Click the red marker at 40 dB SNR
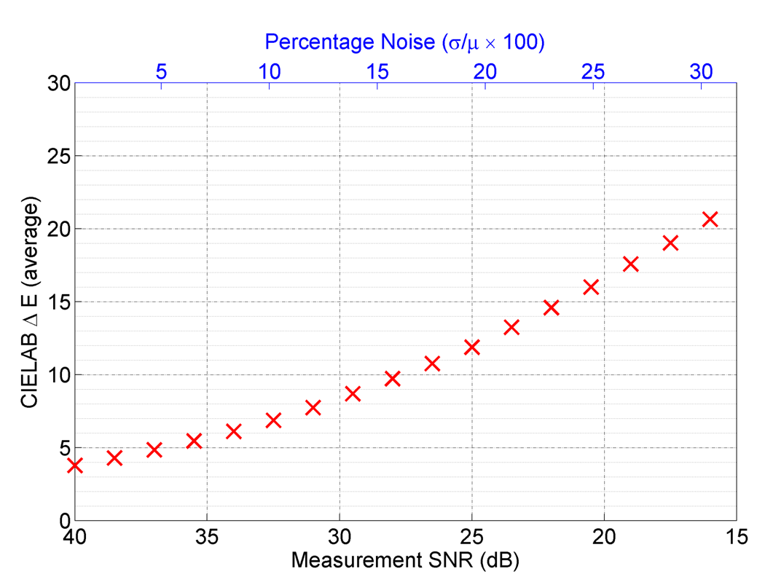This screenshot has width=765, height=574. [x=74, y=465]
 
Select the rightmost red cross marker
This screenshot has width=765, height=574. [x=710, y=219]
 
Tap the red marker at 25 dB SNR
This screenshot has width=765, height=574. [x=471, y=347]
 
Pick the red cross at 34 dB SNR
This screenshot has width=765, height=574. [x=233, y=431]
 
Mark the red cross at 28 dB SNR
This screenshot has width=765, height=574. [x=392, y=378]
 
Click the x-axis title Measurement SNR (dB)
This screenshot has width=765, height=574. [x=404, y=559]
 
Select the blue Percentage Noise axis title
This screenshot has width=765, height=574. [x=404, y=42]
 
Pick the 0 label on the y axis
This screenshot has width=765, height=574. [x=58, y=521]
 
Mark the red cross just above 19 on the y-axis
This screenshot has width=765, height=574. [x=670, y=243]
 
